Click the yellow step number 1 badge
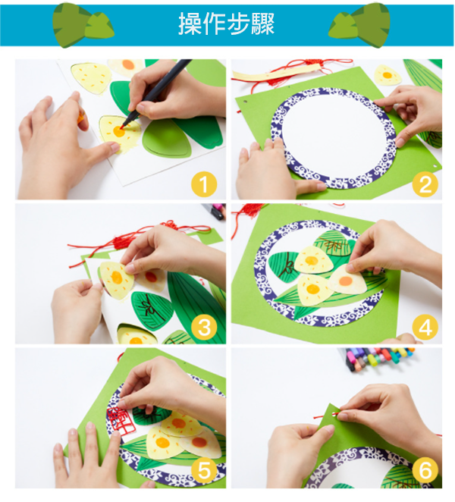[204, 184]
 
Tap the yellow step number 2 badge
[425, 184]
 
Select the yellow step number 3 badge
[204, 327]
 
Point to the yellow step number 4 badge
[425, 327]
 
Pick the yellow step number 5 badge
[204, 470]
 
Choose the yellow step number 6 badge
[425, 470]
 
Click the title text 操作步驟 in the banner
[227, 24]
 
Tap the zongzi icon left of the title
[83, 25]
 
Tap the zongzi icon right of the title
[359, 25]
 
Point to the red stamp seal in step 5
[119, 419]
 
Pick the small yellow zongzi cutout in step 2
[388, 75]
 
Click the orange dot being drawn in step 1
[119, 131]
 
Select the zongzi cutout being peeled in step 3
[116, 280]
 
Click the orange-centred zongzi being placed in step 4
[347, 281]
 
